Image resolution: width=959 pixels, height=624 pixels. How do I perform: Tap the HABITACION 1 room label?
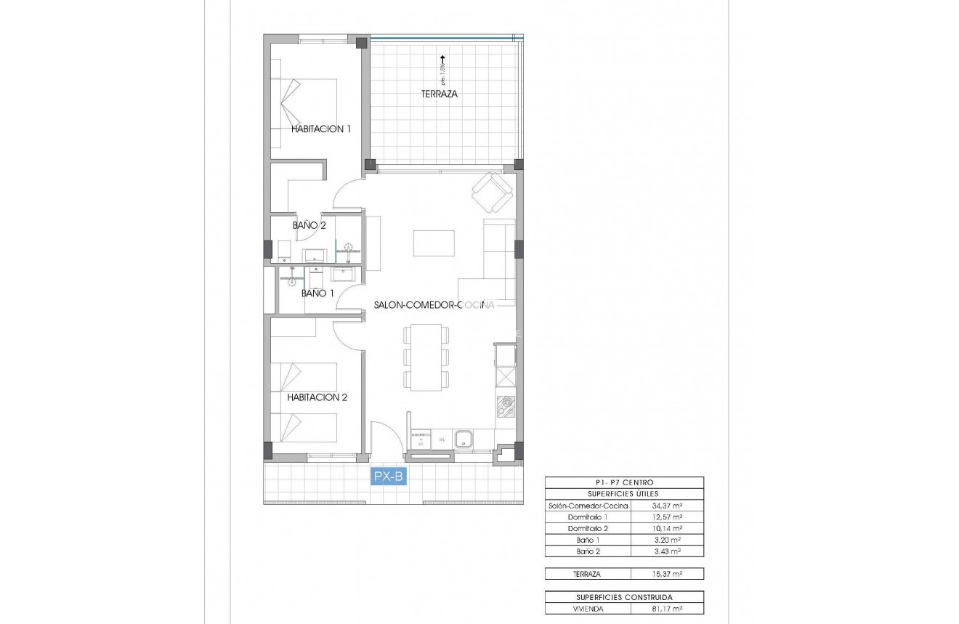click(x=320, y=129)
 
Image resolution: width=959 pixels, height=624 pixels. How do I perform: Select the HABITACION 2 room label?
click(x=317, y=397)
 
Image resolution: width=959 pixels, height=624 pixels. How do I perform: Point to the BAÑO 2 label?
click(x=309, y=225)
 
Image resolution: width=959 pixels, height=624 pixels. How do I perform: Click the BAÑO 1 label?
click(x=317, y=293)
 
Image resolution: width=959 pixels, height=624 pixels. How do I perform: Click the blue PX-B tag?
click(x=388, y=477)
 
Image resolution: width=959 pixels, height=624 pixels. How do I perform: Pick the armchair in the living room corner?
click(x=493, y=193)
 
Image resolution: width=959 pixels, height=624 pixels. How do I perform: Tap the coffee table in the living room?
click(x=434, y=243)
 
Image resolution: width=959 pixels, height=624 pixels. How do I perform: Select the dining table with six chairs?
click(x=426, y=357)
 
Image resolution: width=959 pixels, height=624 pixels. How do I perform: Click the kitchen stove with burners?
click(x=506, y=408)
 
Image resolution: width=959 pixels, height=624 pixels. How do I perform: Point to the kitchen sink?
click(x=464, y=439)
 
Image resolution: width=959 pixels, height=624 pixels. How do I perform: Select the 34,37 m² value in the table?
click(x=666, y=505)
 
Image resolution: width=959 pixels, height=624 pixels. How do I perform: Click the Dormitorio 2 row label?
click(x=588, y=528)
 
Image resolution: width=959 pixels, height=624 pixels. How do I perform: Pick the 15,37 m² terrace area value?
click(x=666, y=574)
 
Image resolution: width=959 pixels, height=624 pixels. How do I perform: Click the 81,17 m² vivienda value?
click(x=666, y=609)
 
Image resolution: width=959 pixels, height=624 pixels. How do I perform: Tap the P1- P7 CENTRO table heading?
click(x=624, y=482)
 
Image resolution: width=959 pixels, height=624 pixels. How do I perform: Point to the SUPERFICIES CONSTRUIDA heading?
click(x=624, y=597)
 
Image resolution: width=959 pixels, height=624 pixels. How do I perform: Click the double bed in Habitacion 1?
click(x=305, y=102)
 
